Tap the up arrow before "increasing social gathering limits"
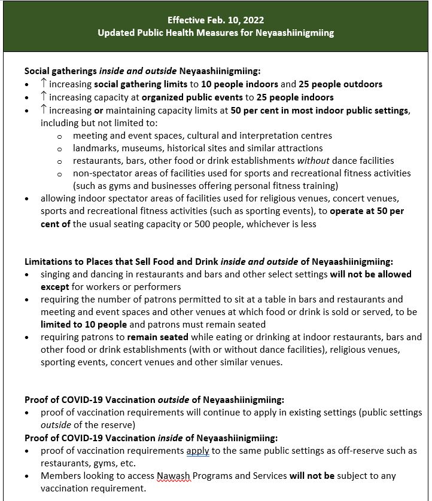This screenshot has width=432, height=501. pyautogui.click(x=44, y=84)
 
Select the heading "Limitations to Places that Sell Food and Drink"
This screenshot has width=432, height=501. pyautogui.click(x=121, y=261)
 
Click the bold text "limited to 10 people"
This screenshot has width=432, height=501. pyautogui.click(x=83, y=325)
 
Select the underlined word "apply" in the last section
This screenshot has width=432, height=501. pyautogui.click(x=197, y=450)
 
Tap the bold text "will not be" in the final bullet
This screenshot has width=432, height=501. pyautogui.click(x=312, y=476)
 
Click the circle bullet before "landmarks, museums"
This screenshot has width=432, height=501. pyautogui.click(x=60, y=148)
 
